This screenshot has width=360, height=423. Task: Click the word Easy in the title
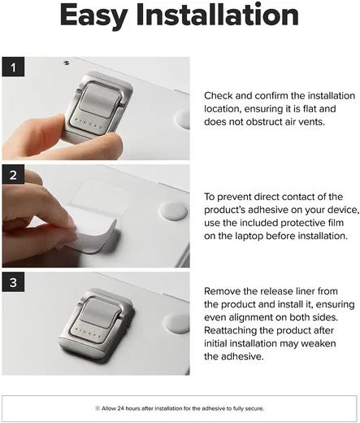[94, 16]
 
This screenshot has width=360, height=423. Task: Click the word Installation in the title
[218, 14]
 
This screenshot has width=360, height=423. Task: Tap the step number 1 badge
[13, 67]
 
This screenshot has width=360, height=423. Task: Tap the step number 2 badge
[13, 174]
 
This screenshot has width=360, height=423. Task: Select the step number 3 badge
[13, 282]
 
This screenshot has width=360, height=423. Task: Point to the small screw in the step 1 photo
[66, 63]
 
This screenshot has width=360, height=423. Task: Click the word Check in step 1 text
[219, 96]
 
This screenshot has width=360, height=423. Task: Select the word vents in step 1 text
[310, 122]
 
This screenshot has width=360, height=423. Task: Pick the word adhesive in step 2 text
[265, 210]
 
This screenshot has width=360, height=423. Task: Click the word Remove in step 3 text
[222, 291]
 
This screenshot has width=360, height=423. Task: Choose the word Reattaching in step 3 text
[230, 331]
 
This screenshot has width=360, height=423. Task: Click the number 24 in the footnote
[121, 408]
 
